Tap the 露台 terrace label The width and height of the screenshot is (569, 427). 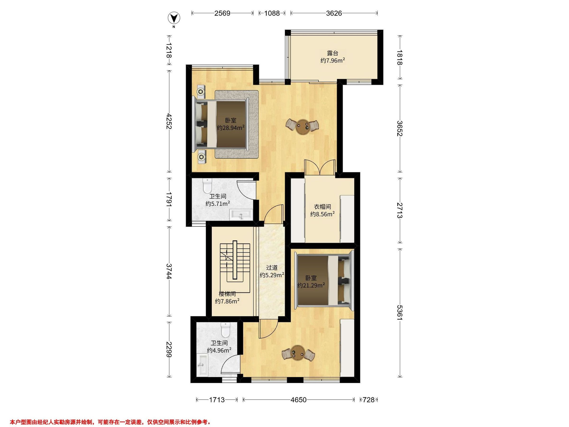pyautogui.click(x=333, y=53)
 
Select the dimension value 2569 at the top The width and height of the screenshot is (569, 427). pyautogui.click(x=222, y=13)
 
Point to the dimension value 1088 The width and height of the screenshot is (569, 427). pyautogui.click(x=272, y=13)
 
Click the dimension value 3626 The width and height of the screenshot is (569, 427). pyautogui.click(x=334, y=13)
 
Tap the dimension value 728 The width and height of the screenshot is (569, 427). pyautogui.click(x=369, y=400)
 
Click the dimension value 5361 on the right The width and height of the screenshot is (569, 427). pyautogui.click(x=399, y=313)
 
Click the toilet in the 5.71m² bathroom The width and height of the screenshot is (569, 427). pyautogui.click(x=207, y=186)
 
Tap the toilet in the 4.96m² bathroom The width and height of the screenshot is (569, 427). pyautogui.click(x=225, y=330)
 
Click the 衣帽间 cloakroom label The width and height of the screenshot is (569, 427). pyautogui.click(x=322, y=207)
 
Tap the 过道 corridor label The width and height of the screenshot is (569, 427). pyautogui.click(x=272, y=268)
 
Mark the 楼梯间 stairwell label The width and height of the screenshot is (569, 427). pyautogui.click(x=227, y=294)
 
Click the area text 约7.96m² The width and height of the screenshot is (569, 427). pyautogui.click(x=333, y=61)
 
